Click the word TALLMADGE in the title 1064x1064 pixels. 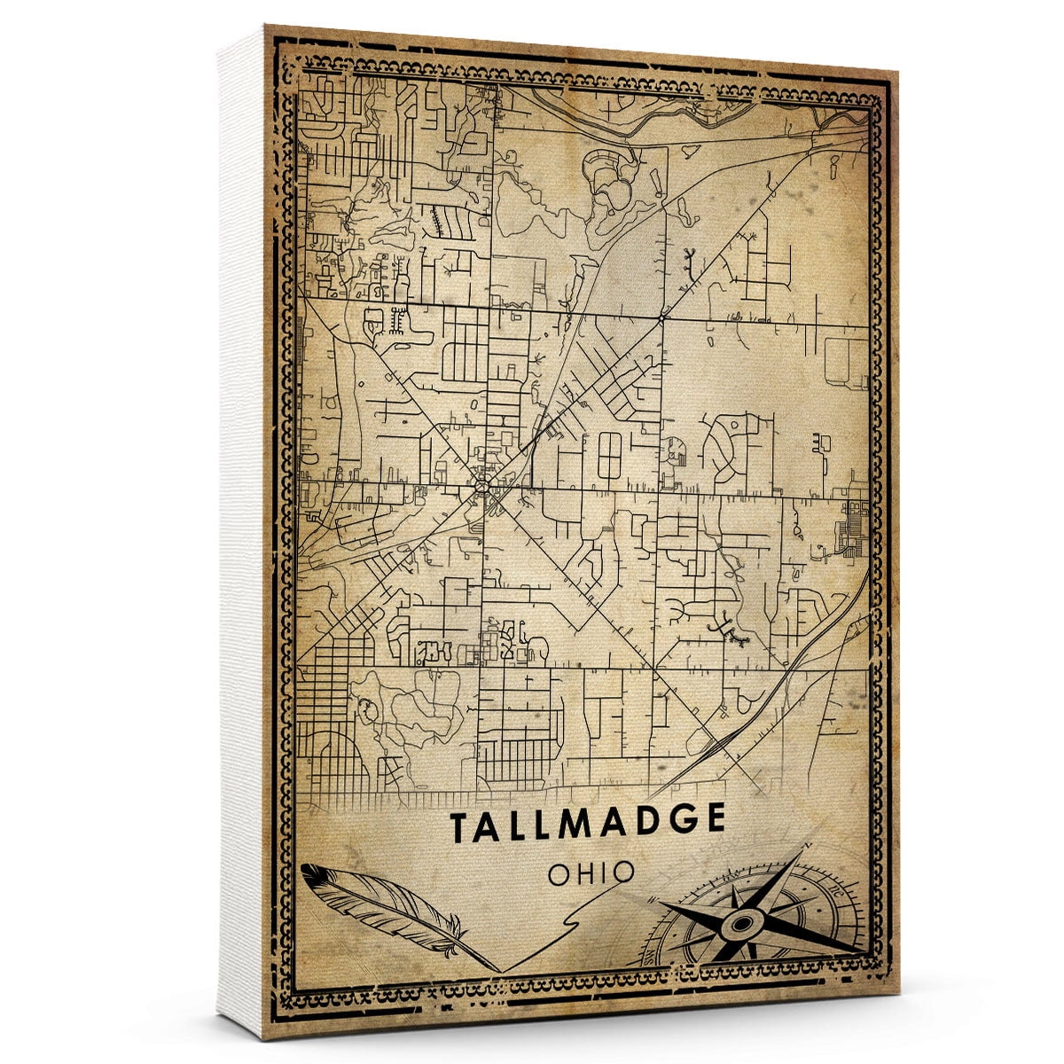587,825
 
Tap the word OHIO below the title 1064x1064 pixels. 591,872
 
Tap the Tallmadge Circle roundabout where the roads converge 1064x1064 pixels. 482,486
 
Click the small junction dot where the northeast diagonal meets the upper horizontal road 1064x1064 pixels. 661,317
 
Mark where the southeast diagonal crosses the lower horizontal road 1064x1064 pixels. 653,668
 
